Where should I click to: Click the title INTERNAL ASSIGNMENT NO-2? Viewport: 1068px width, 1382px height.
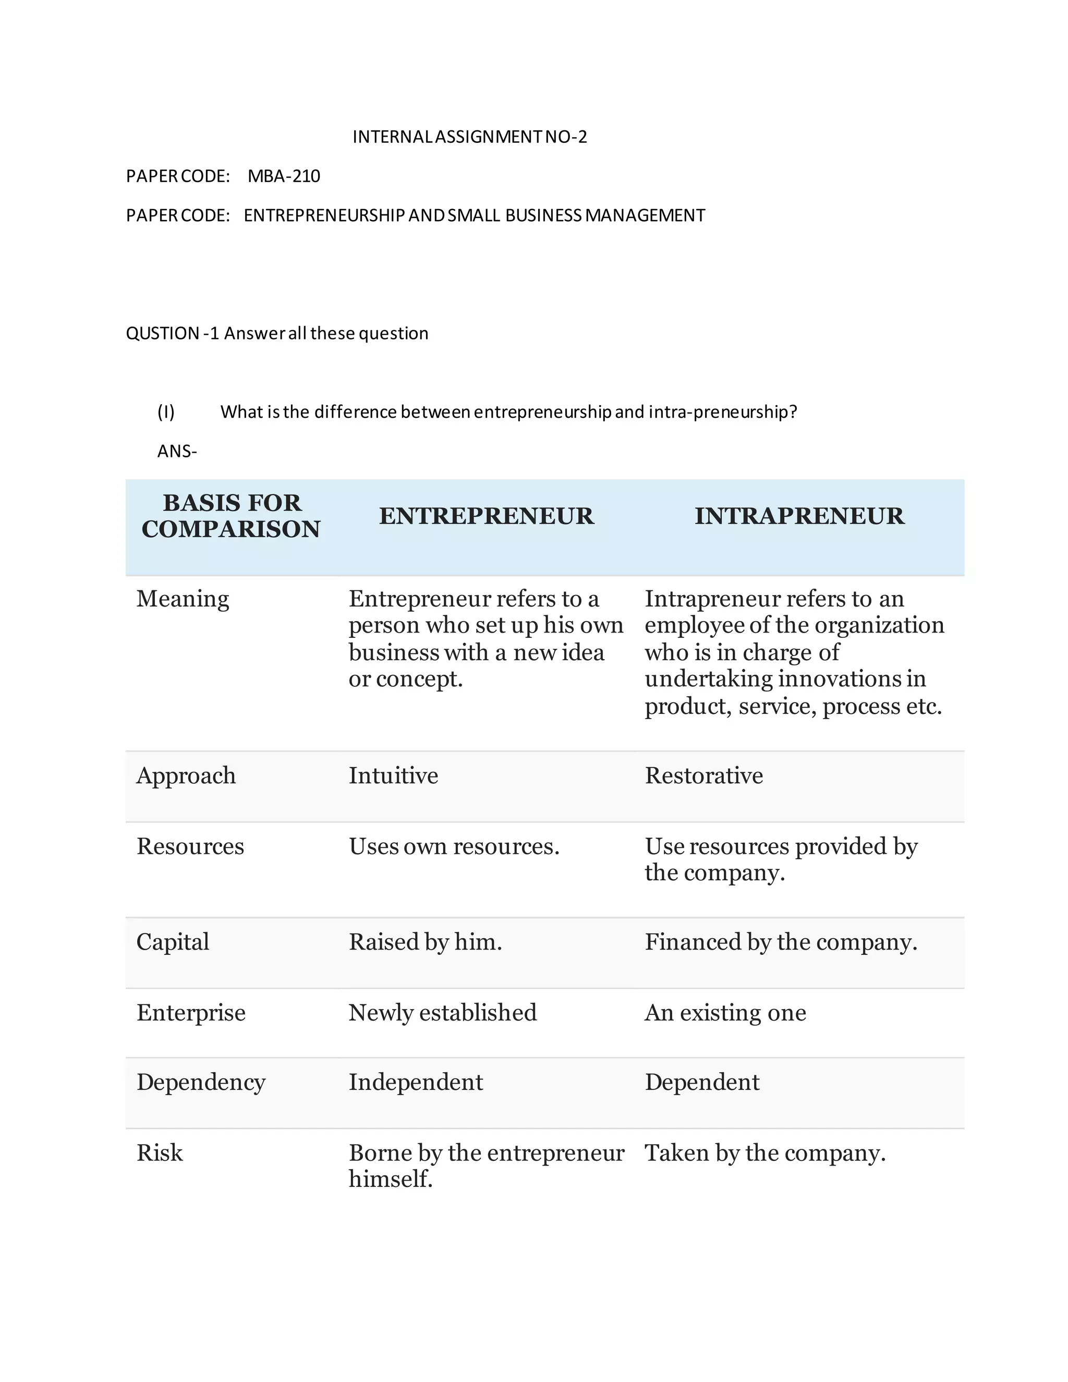[469, 137]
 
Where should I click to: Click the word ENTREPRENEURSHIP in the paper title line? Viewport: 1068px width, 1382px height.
[324, 215]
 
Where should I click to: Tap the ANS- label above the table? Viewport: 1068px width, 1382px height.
[177, 451]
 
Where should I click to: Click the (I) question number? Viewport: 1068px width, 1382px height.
[166, 412]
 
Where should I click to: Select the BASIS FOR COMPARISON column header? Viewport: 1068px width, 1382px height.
[231, 516]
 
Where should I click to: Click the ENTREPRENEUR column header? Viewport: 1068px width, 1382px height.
[487, 516]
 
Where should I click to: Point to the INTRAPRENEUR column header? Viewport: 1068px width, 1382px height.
[799, 516]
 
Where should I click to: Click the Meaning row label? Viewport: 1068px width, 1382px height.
[183, 599]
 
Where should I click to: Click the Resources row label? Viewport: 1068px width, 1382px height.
[190, 846]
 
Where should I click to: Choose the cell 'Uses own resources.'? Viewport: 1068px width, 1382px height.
[454, 846]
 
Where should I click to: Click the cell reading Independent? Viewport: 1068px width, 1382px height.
[416, 1083]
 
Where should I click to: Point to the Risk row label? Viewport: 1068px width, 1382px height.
[160, 1153]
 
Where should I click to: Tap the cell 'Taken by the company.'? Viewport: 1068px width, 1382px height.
[765, 1153]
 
